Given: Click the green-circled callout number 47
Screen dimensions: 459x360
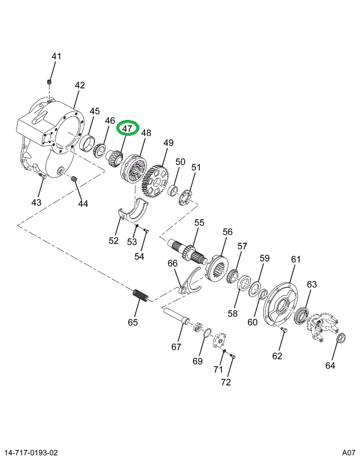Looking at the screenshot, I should click(x=129, y=129).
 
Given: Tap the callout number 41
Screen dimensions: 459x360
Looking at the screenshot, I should click(x=56, y=57).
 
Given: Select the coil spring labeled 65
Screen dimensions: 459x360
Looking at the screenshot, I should click(x=140, y=294).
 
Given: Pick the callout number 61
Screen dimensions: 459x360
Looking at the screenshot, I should click(x=296, y=259).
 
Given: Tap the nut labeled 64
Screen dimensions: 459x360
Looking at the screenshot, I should click(x=339, y=338).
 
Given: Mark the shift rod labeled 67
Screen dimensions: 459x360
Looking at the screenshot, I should click(x=179, y=319).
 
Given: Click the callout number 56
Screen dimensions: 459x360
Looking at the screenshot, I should click(x=228, y=232).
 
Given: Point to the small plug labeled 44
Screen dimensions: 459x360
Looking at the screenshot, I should click(x=75, y=180).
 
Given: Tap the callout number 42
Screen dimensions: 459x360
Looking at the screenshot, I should click(x=80, y=86).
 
